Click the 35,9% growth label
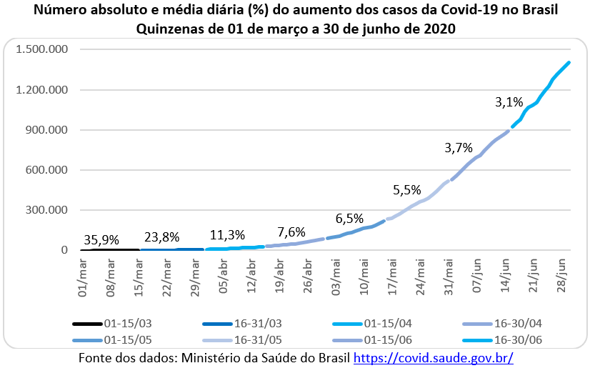(101, 240)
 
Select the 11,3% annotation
(228, 235)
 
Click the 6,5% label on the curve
(350, 218)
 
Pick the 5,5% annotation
(407, 190)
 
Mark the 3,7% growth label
(459, 148)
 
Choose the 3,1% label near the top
(509, 102)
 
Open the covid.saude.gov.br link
(434, 357)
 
